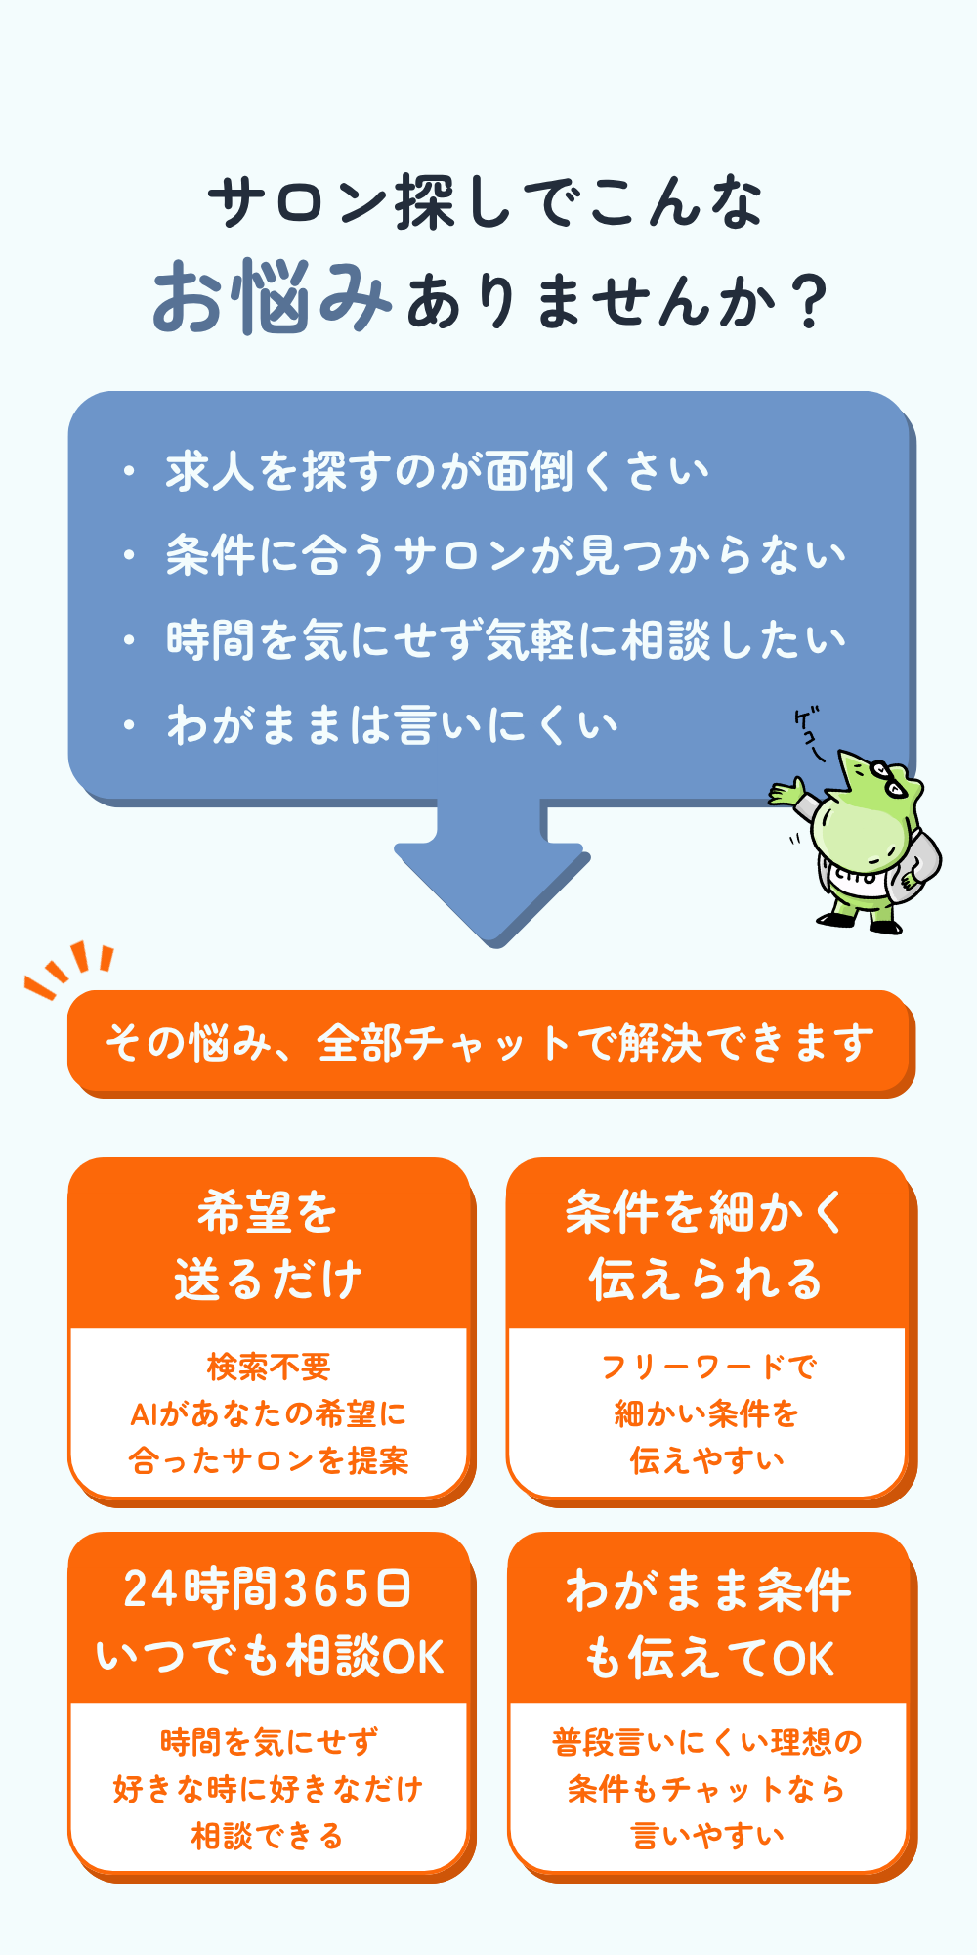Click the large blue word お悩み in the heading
[x=272, y=297]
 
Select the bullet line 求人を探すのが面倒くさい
[x=436, y=472]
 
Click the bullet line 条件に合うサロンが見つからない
[x=504, y=556]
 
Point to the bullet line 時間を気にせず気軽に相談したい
[x=504, y=640]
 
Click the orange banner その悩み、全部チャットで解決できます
[x=488, y=1042]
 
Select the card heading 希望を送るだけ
[x=268, y=1245]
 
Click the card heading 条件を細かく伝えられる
[x=705, y=1245]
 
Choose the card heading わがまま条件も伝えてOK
[x=708, y=1623]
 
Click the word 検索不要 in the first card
[x=269, y=1367]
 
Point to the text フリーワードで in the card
[x=707, y=1367]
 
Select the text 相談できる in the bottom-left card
[x=268, y=1836]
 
